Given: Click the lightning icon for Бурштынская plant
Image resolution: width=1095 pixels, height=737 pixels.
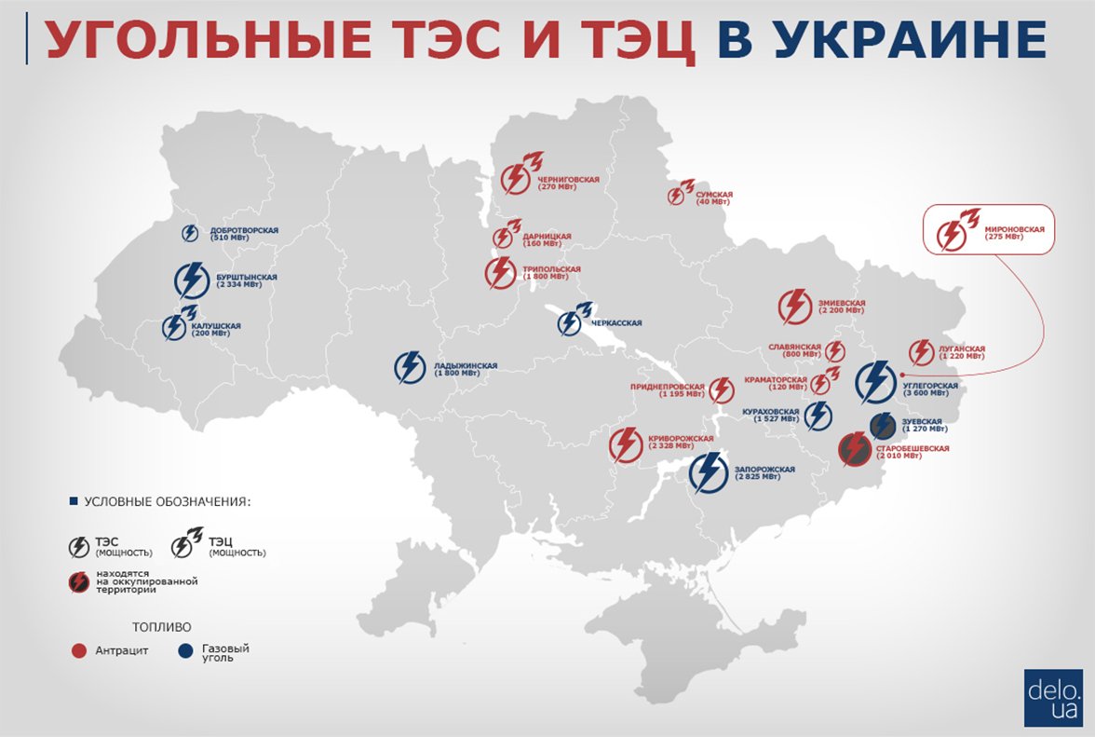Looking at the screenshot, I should (192, 280).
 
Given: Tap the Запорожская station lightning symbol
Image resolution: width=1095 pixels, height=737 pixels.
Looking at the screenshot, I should (710, 471).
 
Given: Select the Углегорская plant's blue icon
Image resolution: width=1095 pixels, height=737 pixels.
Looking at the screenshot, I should (875, 381).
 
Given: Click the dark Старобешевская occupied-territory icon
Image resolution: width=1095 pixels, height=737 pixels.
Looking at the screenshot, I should (854, 452).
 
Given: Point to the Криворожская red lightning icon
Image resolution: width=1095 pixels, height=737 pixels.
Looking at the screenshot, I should (627, 444).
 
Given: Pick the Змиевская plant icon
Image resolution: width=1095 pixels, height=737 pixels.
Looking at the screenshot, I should (795, 307).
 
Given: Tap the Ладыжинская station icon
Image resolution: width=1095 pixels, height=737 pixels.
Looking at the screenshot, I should (411, 368).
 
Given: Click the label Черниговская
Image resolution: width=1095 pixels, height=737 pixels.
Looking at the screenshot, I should (568, 179).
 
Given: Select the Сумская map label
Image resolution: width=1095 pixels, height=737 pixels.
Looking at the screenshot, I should (714, 195).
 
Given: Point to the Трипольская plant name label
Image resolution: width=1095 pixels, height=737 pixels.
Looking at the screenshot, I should (551, 269).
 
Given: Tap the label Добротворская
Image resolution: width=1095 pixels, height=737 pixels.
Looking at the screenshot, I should (244, 230).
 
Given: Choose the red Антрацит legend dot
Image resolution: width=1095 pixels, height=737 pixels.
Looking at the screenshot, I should (79, 651).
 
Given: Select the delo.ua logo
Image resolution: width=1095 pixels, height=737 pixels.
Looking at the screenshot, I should (1053, 697).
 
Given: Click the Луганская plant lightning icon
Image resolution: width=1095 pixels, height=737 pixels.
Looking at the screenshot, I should (921, 352).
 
